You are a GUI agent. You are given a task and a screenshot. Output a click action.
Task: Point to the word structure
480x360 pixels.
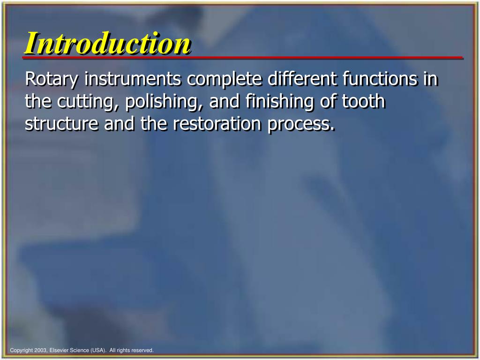[61, 124]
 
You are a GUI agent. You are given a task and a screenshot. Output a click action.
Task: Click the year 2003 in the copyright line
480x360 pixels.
[39, 350]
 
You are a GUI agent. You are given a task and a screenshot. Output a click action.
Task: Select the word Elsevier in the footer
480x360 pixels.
[60, 350]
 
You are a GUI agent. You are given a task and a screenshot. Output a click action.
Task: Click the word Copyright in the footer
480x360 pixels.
[21, 350]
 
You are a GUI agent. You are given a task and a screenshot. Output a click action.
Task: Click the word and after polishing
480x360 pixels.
[225, 102]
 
